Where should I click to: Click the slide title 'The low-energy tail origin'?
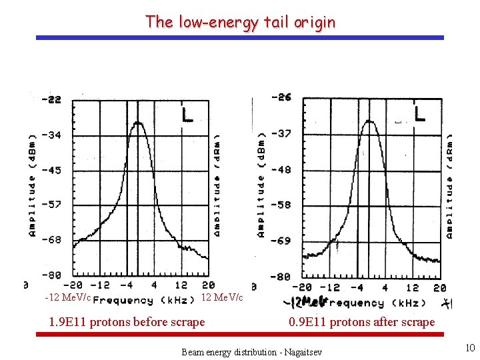pyautogui.click(x=240, y=22)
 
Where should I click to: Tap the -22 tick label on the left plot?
pyautogui.click(x=51, y=99)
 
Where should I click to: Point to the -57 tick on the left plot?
pyautogui.click(x=51, y=204)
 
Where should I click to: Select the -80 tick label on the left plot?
pyautogui.click(x=51, y=274)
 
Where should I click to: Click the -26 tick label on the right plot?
pyautogui.click(x=281, y=97)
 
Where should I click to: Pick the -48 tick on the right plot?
pyautogui.click(x=281, y=169)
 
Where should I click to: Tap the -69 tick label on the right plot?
pyautogui.click(x=281, y=241)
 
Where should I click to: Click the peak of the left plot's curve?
pyautogui.click(x=138, y=123)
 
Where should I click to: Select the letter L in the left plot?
pyautogui.click(x=187, y=115)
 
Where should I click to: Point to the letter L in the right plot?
pyautogui.click(x=419, y=113)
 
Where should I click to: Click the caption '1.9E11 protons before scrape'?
pyautogui.click(x=127, y=322)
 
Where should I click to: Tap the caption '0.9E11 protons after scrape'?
pyautogui.click(x=361, y=322)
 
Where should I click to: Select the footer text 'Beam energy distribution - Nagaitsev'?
pyautogui.click(x=251, y=351)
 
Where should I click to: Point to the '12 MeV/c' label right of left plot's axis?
pyautogui.click(x=222, y=297)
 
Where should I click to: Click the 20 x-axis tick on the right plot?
pyautogui.click(x=439, y=288)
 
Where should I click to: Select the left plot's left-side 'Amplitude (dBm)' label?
pyautogui.click(x=32, y=187)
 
